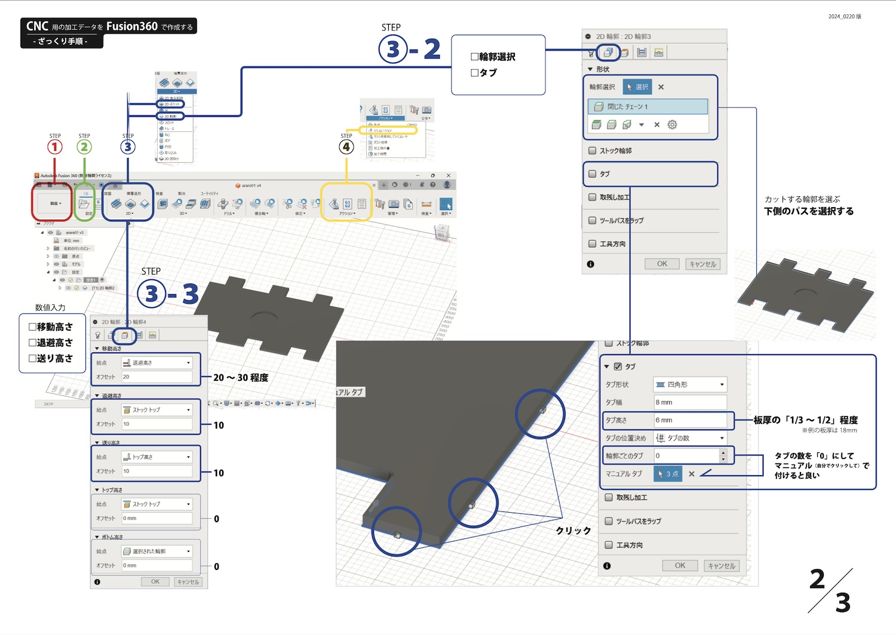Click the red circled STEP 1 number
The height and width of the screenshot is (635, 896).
[x=55, y=147]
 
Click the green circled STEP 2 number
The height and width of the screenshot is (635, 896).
[x=84, y=147]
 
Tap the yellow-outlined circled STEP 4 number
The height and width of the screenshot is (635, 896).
[x=346, y=147]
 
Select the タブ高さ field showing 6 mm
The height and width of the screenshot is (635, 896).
[x=690, y=420]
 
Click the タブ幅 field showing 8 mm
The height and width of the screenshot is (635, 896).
[x=690, y=402]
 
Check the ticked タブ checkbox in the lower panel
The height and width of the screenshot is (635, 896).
[x=618, y=366]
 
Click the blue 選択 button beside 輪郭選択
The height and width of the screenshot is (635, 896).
[x=637, y=87]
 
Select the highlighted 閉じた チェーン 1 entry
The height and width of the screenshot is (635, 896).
[x=648, y=107]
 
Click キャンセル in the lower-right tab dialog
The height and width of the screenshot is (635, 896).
[x=722, y=566]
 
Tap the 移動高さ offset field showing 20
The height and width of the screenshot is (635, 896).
[x=157, y=377]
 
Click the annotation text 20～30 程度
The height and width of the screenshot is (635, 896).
[x=241, y=378]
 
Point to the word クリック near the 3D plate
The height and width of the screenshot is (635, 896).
[x=573, y=531]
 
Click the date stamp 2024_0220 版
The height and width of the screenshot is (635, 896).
[x=845, y=17]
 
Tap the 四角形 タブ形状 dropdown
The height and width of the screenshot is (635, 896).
[x=690, y=384]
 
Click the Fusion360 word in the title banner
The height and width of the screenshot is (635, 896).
[x=132, y=26]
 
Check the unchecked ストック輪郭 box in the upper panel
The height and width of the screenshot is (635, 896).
[x=593, y=151]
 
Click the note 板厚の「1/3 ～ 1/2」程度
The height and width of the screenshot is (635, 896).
[x=805, y=420]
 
